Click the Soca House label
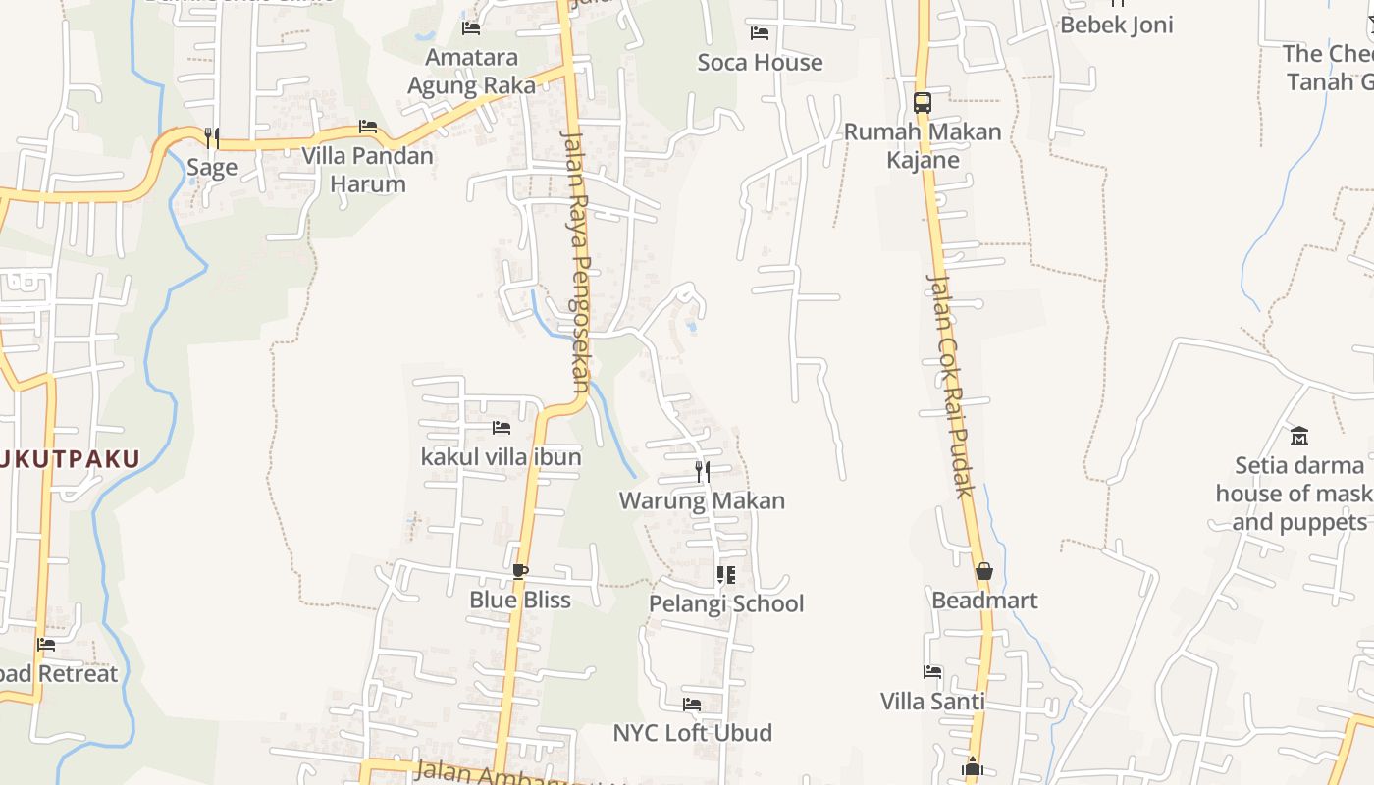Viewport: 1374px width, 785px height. point(760,63)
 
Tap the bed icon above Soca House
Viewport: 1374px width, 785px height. point(760,33)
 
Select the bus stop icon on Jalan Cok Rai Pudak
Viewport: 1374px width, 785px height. point(922,102)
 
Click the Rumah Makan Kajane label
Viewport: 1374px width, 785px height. point(923,145)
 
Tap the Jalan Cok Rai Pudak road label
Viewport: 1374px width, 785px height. point(949,385)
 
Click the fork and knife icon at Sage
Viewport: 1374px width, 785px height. point(211,138)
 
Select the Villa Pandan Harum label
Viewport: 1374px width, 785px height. point(367,170)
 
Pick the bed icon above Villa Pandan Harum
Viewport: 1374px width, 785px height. point(368,127)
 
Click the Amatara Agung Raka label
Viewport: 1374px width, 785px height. point(471,72)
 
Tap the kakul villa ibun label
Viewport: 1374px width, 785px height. point(501,456)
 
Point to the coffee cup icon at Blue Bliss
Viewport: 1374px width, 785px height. point(520,571)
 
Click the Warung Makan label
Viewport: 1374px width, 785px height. point(702,500)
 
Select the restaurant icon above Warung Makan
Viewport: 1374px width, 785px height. point(703,472)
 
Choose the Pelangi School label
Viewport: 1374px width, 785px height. point(726,603)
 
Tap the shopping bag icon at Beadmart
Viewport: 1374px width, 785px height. point(983,571)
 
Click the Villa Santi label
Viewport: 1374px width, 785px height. point(932,702)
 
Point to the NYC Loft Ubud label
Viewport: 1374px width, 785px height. point(692,733)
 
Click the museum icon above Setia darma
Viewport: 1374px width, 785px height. point(1299,435)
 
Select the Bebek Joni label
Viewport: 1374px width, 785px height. point(1116,25)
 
